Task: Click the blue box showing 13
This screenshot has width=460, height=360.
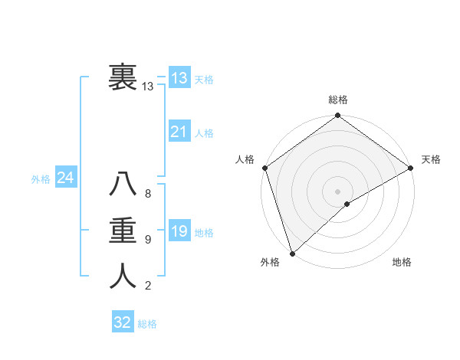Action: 179,77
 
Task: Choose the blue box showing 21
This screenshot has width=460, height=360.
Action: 179,132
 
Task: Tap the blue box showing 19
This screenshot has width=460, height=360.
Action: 179,231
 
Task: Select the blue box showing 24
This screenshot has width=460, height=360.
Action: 65,178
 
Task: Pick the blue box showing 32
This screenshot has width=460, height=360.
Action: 123,322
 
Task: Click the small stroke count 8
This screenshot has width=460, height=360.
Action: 148,194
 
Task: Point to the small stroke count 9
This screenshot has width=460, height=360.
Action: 148,240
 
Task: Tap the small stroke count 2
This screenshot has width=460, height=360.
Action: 148,286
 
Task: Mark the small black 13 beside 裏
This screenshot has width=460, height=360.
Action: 148,87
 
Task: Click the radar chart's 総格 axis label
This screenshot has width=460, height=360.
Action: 338,100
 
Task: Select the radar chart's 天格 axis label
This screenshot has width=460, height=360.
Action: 431,159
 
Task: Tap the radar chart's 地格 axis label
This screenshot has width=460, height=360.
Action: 402,262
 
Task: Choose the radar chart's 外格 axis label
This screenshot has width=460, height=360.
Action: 270,262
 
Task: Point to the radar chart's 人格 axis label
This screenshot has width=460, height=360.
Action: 245,159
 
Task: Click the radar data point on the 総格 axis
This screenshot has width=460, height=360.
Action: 338,116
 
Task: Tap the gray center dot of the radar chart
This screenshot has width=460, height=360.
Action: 338,191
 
